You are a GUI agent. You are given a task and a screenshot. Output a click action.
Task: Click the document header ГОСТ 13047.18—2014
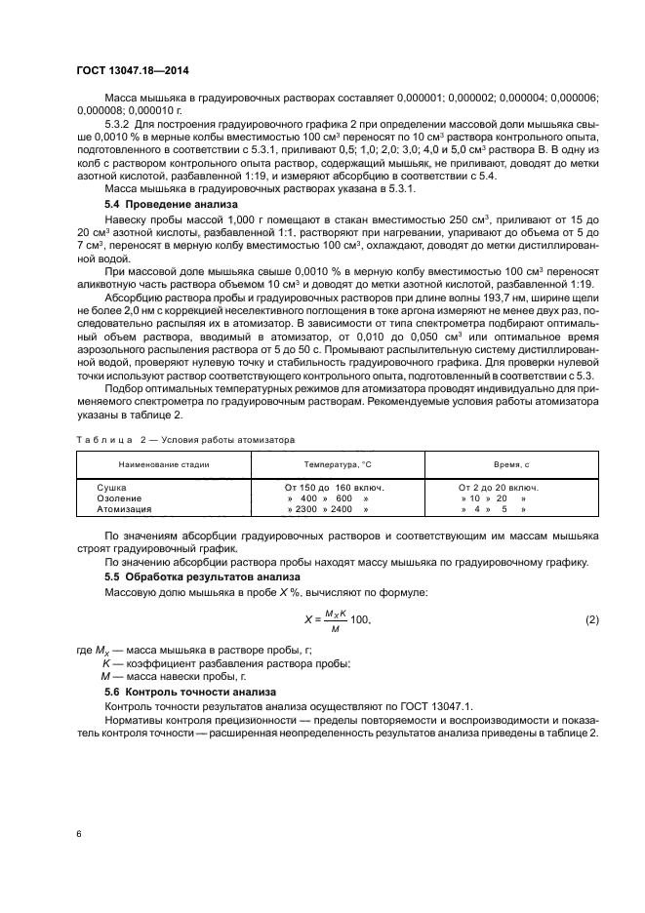[134, 71]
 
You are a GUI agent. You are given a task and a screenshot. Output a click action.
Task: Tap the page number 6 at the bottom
[78, 834]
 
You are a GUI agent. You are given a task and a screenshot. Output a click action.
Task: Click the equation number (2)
[590, 620]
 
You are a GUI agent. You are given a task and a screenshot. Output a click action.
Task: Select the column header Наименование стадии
[164, 464]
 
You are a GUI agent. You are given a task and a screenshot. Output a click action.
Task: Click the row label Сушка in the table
[113, 486]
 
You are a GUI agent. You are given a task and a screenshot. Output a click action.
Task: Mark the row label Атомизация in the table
[124, 509]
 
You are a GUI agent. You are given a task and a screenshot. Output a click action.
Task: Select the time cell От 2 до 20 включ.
[499, 486]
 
